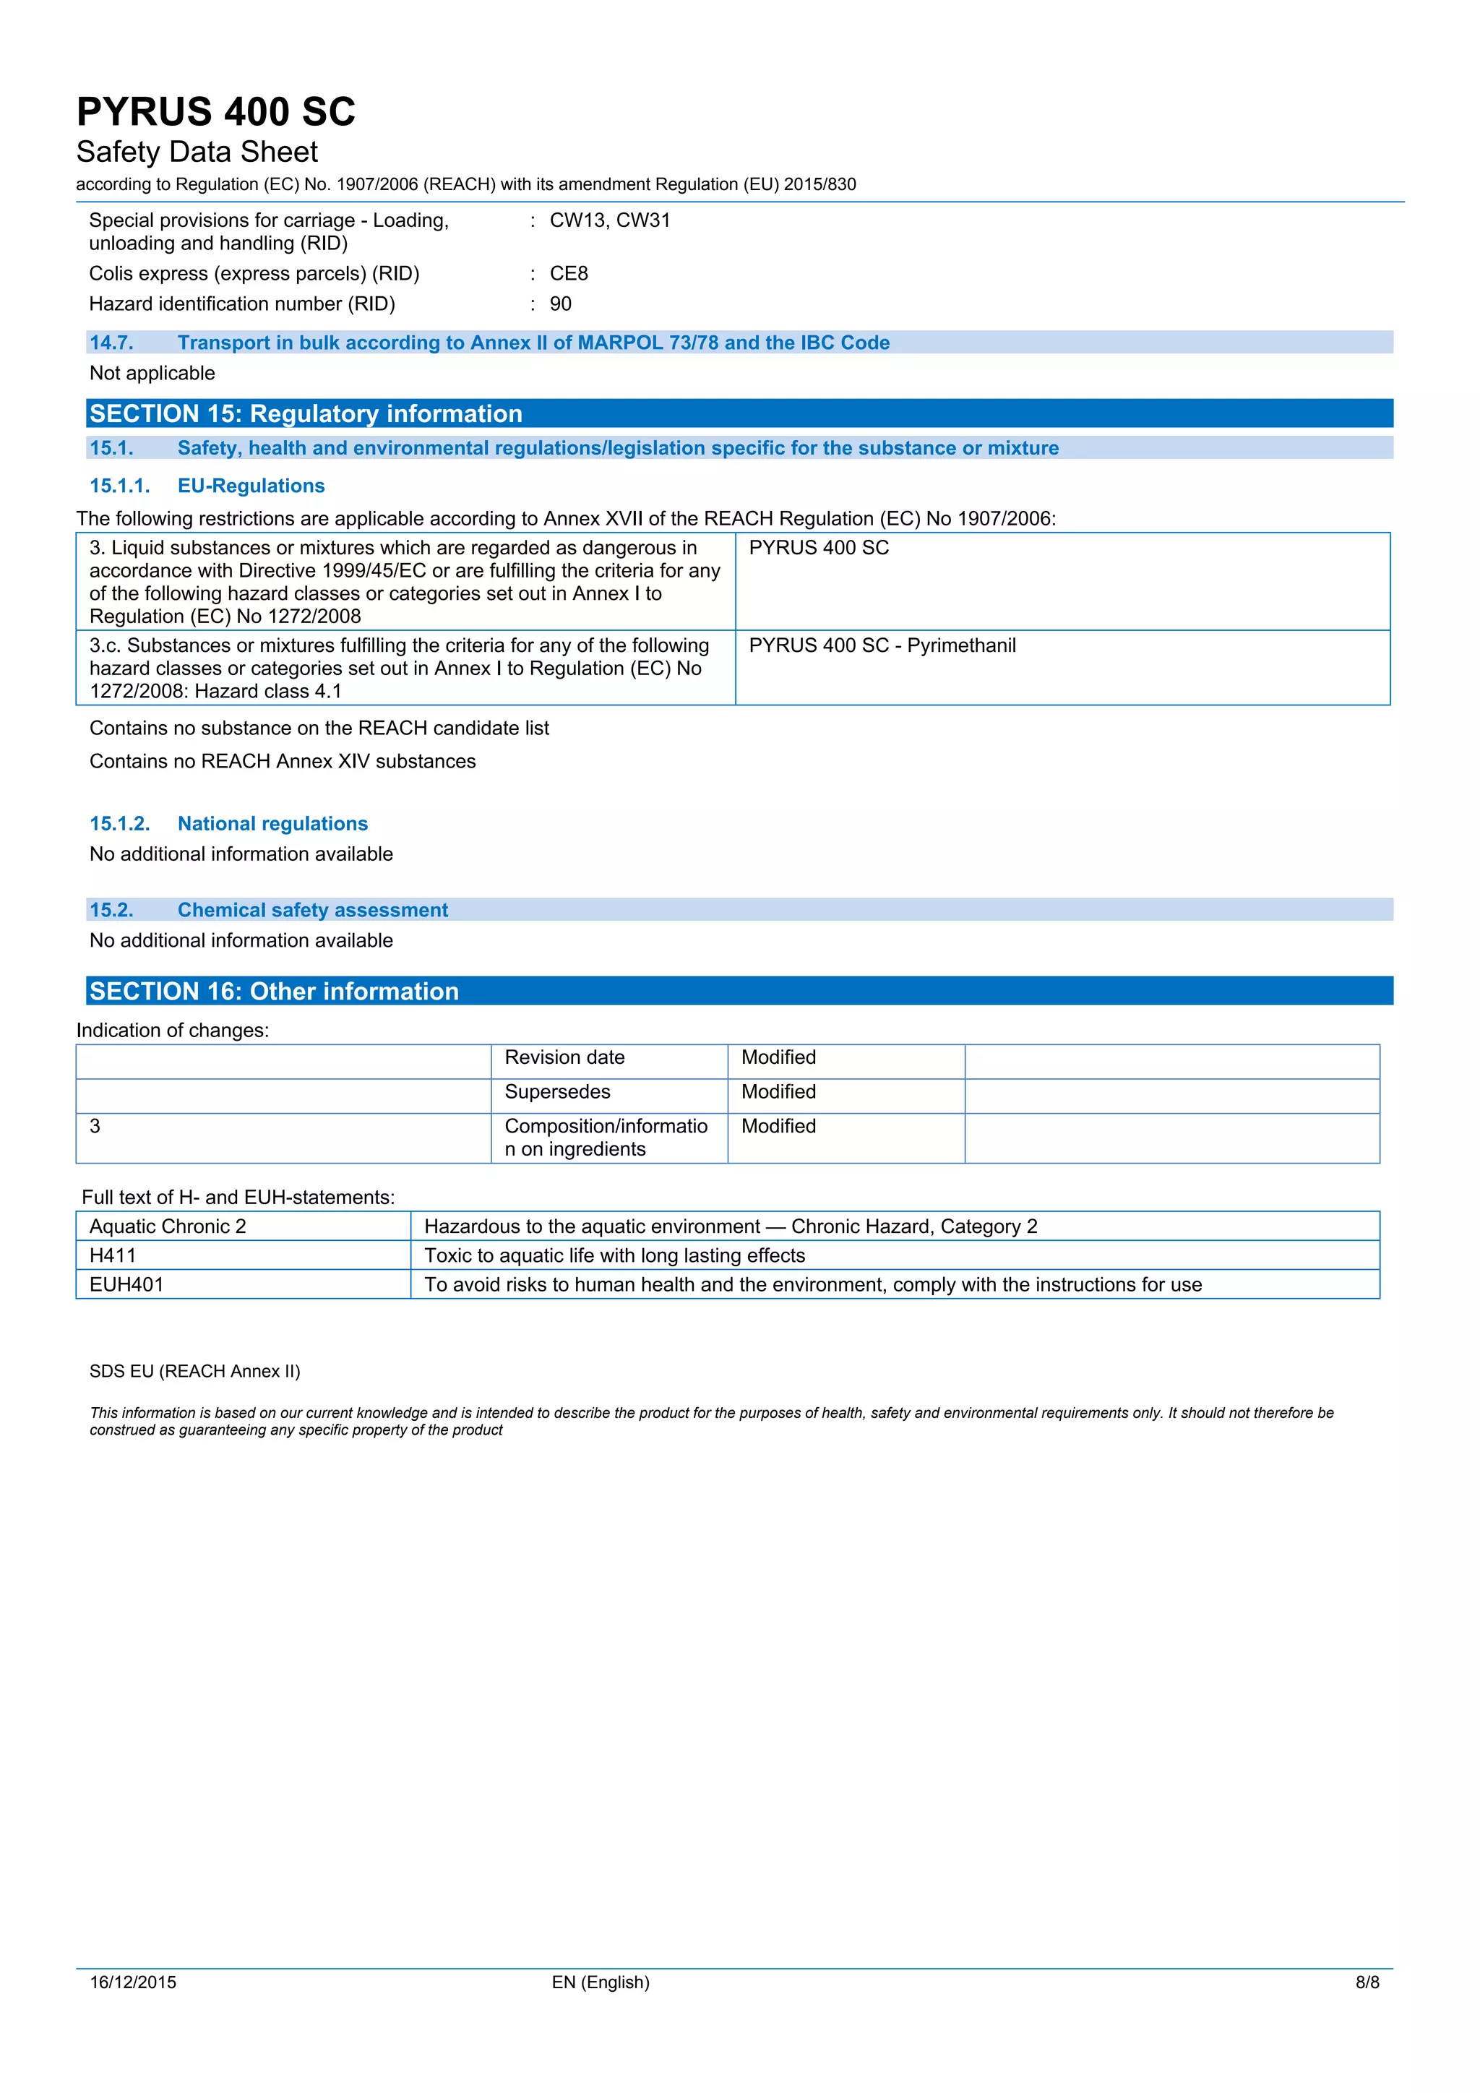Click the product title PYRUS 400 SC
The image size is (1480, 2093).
coord(216,112)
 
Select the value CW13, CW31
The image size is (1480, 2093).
coord(610,220)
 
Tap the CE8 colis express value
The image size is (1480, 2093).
coord(569,273)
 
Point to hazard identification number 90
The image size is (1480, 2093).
coord(561,304)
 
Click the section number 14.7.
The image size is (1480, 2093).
coord(111,343)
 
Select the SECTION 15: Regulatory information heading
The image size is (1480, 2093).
coord(306,414)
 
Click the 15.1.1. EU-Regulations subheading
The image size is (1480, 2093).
coord(207,486)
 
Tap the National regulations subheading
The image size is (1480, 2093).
coord(272,824)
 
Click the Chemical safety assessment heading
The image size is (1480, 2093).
coord(313,910)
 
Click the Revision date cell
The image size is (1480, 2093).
coord(565,1057)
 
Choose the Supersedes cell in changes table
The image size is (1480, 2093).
coord(558,1092)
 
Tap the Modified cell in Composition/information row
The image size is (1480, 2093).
coord(778,1127)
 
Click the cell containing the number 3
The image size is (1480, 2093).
coord(95,1127)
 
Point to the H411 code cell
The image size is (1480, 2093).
coord(113,1256)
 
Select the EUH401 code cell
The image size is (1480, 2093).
coord(126,1285)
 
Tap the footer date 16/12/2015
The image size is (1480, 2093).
coord(133,1982)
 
